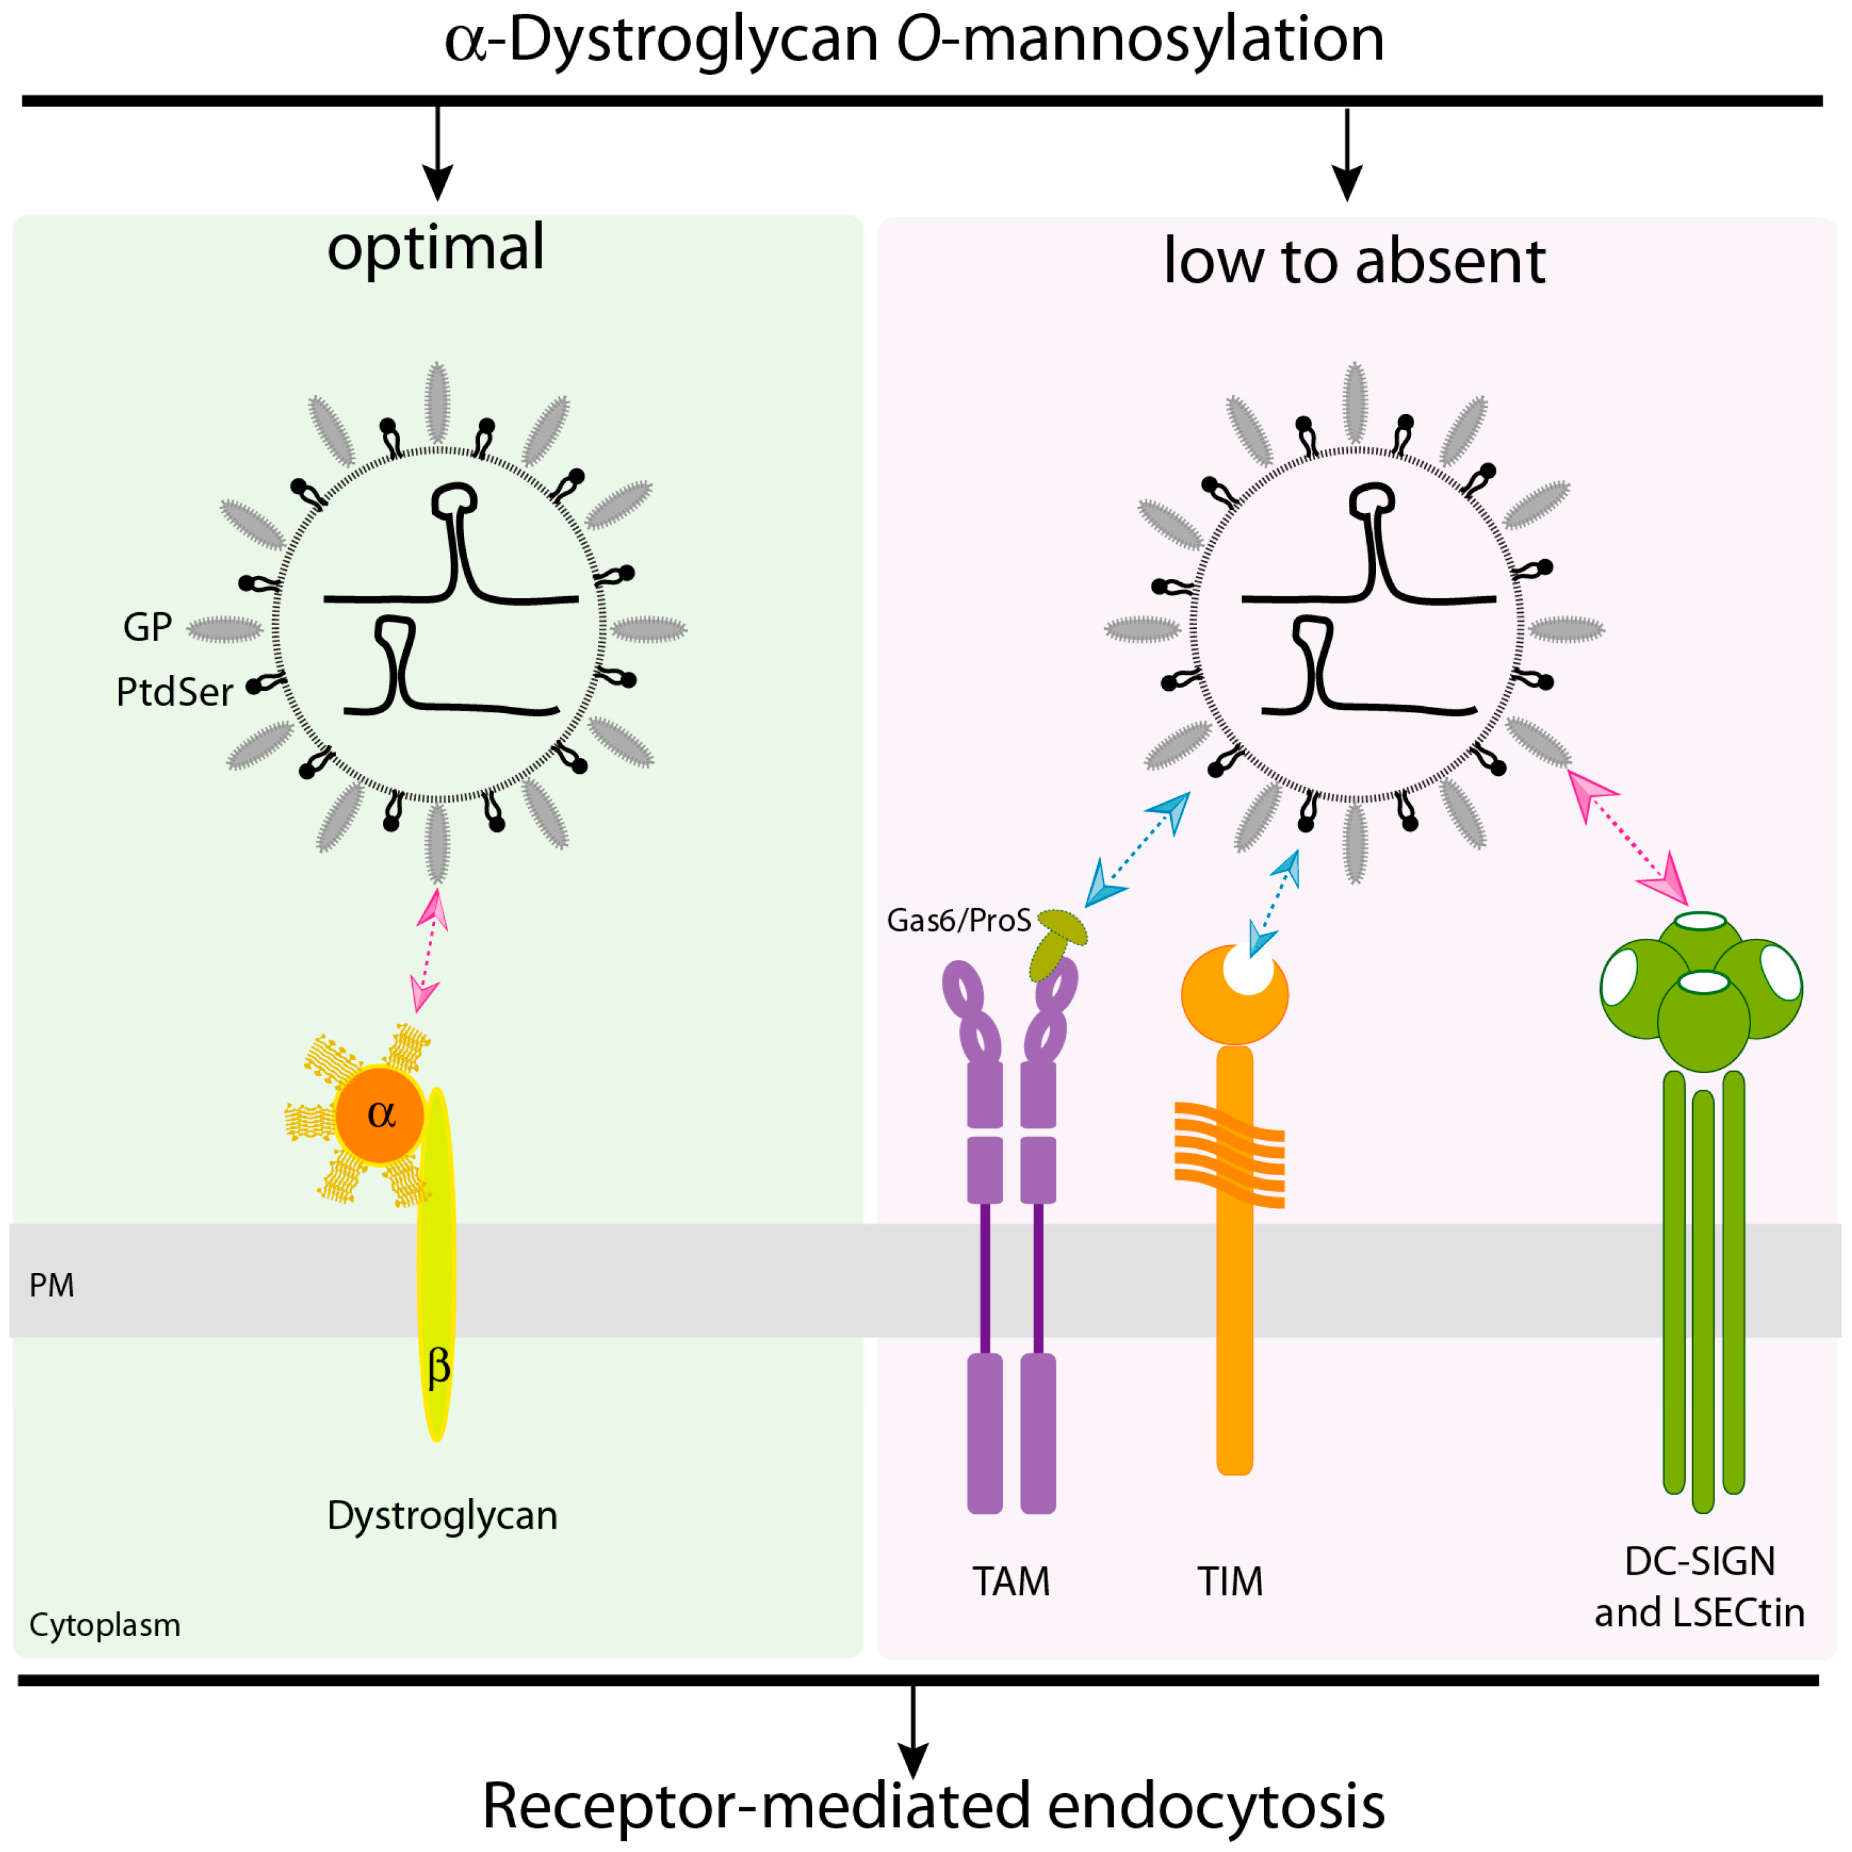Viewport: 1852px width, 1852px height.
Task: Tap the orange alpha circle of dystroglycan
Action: [380, 1114]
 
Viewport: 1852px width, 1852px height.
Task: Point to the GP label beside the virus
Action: [147, 628]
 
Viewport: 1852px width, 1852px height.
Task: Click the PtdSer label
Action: [174, 692]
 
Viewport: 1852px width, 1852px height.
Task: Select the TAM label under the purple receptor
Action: [1011, 1582]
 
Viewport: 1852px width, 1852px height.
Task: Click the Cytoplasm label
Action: [105, 1624]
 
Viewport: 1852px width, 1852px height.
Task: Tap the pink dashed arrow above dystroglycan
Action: [428, 949]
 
